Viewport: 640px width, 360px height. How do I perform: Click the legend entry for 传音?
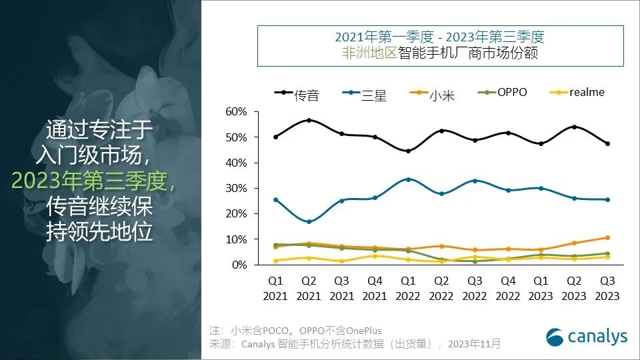[297, 95]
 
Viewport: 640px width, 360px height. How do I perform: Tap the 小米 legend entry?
[433, 95]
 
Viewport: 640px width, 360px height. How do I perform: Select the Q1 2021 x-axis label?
[275, 289]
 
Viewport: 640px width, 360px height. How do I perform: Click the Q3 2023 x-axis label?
[608, 289]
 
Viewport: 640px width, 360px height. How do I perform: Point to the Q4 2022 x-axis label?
[508, 289]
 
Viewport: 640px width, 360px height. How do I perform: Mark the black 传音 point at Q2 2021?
[309, 120]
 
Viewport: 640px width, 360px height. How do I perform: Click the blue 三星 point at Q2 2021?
[309, 221]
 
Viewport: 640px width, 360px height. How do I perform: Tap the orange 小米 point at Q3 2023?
[608, 237]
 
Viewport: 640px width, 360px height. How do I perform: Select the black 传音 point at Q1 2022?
[408, 151]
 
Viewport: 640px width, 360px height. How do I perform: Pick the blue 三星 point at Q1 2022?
[408, 179]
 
